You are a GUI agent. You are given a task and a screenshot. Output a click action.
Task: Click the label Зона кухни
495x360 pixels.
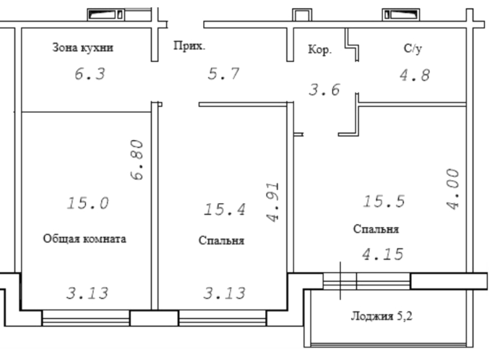point(82,48)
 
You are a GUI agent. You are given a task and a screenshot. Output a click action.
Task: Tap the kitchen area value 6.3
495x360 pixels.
point(90,74)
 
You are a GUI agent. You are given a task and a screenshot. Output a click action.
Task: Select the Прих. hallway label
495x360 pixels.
point(189,46)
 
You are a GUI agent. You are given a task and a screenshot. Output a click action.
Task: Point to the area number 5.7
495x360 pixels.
point(224,74)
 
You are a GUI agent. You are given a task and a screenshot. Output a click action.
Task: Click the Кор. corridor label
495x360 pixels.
point(320,50)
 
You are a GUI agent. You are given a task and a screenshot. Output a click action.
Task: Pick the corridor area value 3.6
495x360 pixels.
point(324,90)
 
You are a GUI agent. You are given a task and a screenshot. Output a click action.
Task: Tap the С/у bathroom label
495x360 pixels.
point(413,48)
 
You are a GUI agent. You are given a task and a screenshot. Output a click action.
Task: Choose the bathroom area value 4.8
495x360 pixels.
point(415,75)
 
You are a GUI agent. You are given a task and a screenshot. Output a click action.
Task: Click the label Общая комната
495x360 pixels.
point(85,239)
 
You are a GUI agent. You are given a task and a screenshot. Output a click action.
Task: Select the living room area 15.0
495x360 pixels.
point(88,203)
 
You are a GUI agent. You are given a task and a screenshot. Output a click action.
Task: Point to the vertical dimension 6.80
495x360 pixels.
point(137,160)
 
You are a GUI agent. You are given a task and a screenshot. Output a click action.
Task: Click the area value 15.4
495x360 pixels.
point(225,210)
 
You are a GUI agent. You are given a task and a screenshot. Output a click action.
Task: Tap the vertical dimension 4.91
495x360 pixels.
point(272,202)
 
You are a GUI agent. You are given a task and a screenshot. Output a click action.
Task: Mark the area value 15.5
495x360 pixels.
point(384,201)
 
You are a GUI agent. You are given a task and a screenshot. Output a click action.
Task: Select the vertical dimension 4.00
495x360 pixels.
point(453,189)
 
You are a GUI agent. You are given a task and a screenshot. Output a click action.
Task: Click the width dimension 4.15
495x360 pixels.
point(383,254)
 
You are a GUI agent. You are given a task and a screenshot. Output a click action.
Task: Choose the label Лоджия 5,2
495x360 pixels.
point(382,316)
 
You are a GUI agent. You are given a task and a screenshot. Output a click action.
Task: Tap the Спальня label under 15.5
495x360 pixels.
point(376,229)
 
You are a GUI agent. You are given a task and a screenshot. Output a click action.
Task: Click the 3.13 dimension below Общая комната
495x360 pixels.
point(87,293)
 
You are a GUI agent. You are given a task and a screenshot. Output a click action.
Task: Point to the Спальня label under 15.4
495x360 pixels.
point(222,241)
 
